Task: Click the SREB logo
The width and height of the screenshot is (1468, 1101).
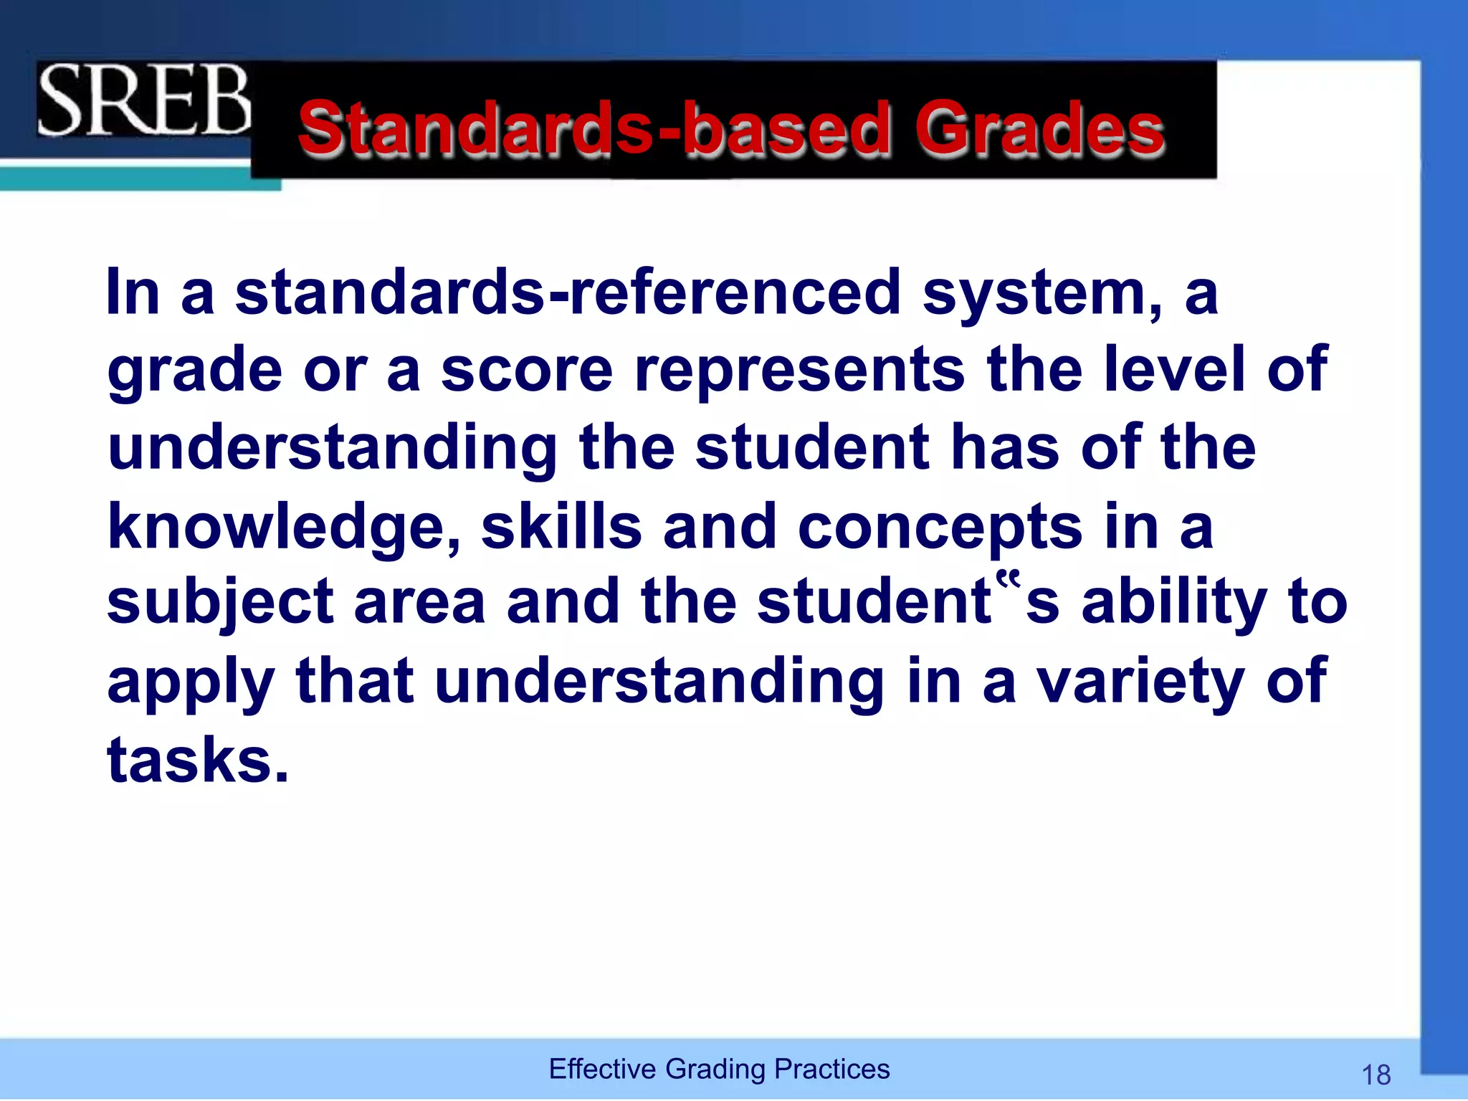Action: (x=143, y=100)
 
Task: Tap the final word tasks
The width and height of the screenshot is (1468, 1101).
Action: (x=197, y=760)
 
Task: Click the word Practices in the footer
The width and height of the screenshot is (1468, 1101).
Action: (x=832, y=1069)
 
